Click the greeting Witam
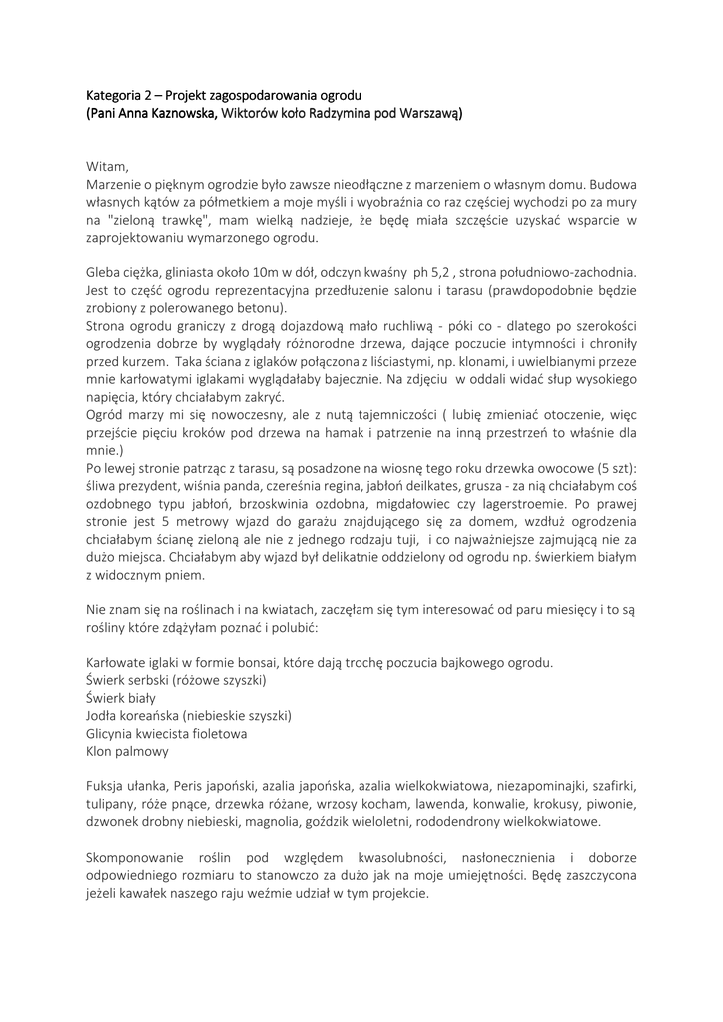coord(108,166)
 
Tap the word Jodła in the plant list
coord(104,716)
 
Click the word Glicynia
coord(113,733)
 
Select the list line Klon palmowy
coord(128,751)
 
